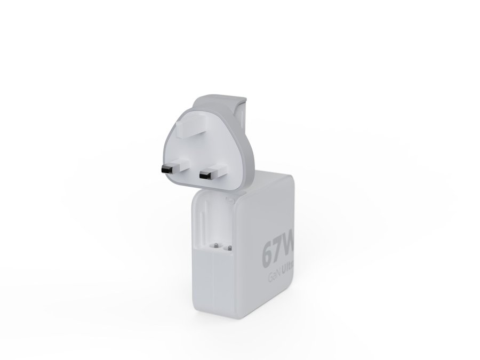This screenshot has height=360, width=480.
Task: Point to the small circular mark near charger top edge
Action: click(230, 201)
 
